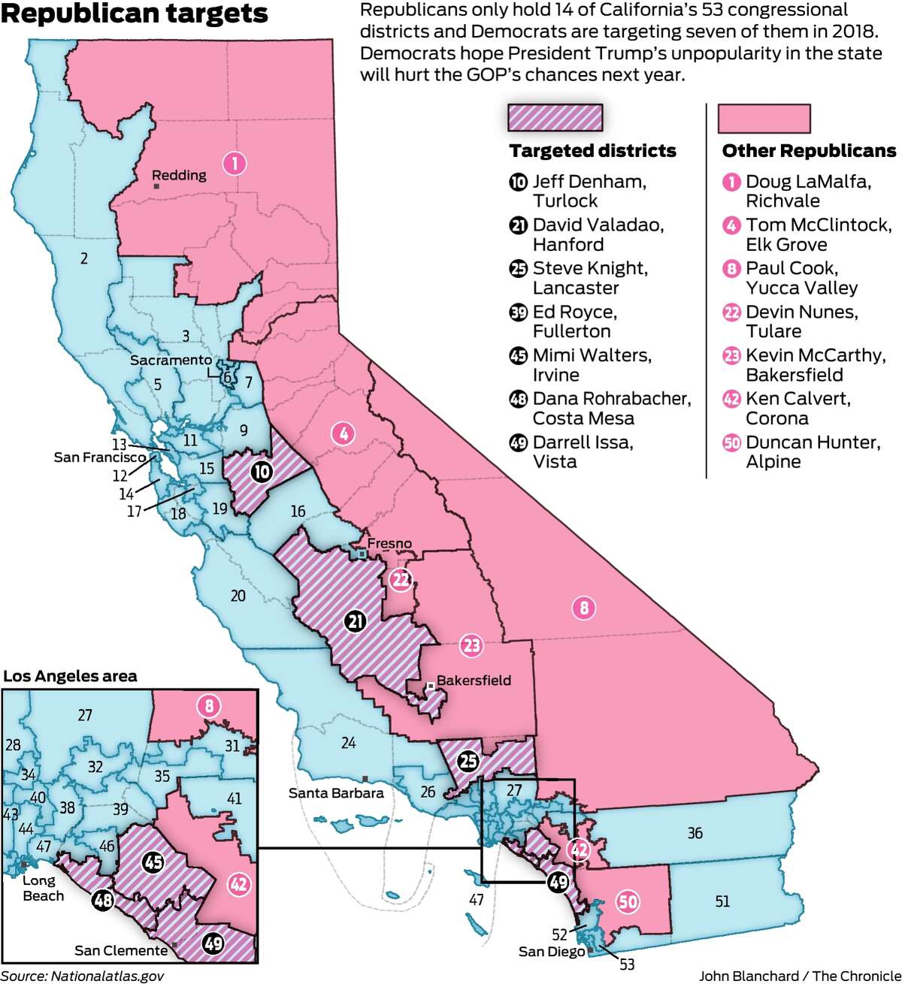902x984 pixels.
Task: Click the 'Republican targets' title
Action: tap(135, 14)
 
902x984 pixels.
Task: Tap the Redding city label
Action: tap(179, 175)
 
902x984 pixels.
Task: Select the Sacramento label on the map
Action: tap(171, 360)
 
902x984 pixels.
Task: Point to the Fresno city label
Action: tap(389, 543)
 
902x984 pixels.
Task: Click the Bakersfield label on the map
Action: tap(474, 681)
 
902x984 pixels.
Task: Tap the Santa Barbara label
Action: tap(336, 792)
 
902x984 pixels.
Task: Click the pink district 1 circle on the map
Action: tap(235, 162)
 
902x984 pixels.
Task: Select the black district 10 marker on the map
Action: tap(262, 471)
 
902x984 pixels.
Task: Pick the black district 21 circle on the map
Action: tap(356, 621)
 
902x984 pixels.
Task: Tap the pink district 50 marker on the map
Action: tap(628, 900)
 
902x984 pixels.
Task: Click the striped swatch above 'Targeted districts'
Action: tap(555, 118)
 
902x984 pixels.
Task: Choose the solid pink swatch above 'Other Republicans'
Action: tap(764, 118)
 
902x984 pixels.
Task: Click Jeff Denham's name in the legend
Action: tap(589, 182)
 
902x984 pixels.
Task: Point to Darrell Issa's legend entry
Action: tap(583, 443)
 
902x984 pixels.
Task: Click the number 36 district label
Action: tap(695, 833)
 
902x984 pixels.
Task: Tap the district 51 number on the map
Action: tap(722, 901)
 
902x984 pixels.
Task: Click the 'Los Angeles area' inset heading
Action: tap(70, 676)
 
